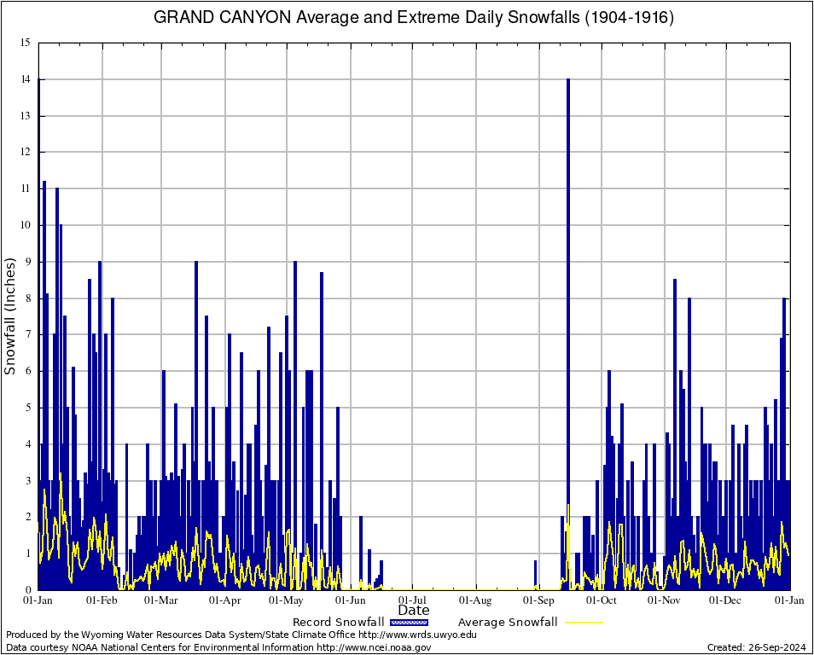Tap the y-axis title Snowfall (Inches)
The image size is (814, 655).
[x=11, y=316]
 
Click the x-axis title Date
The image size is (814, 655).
[x=414, y=610]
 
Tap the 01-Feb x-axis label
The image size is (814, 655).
[x=102, y=600]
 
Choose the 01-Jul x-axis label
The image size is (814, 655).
[x=413, y=600]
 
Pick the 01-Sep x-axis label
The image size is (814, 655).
[x=539, y=600]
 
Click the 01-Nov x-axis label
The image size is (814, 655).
[x=664, y=600]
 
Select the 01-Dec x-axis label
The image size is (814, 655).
[x=725, y=600]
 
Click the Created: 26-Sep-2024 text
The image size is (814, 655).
[x=756, y=647]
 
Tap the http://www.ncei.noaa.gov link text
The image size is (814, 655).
[x=374, y=647]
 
